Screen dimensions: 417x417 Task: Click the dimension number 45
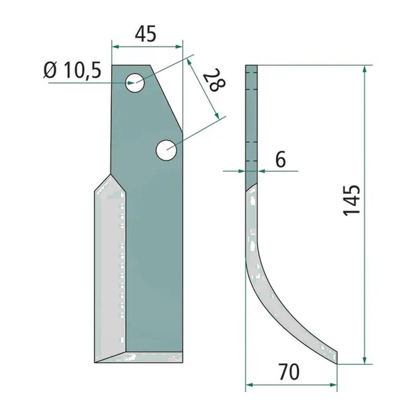145,34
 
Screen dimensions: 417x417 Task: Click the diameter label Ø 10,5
72,70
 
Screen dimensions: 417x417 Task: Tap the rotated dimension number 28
214,79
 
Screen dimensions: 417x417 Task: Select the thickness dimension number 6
280,159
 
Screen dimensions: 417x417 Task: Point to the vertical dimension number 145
351,201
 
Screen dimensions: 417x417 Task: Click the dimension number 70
289,372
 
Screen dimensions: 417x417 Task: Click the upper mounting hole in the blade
135,83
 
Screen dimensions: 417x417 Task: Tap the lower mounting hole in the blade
166,149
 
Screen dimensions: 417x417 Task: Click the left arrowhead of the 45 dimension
115,47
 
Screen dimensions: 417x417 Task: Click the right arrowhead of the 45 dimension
179,47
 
